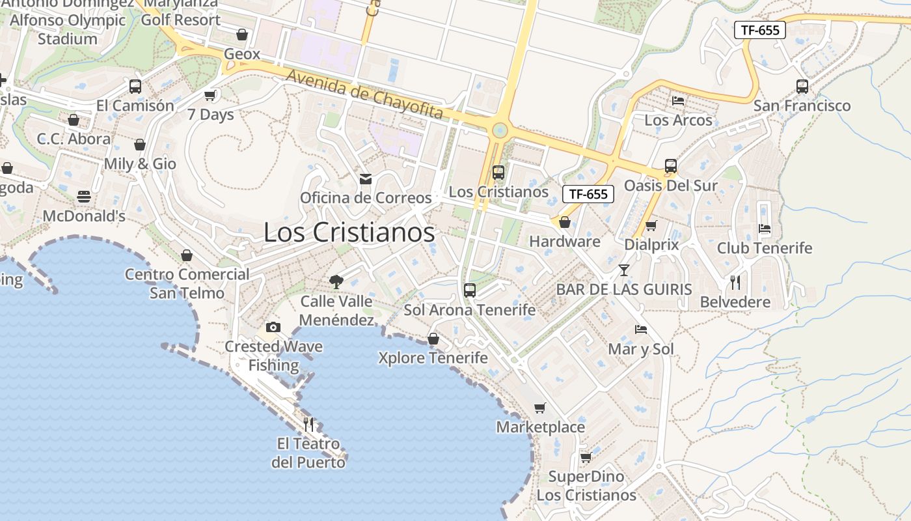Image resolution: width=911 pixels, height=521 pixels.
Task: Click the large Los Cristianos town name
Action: [x=349, y=232]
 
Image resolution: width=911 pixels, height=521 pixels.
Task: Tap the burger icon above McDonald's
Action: [x=84, y=196]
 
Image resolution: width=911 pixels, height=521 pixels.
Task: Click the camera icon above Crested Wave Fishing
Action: [x=273, y=327]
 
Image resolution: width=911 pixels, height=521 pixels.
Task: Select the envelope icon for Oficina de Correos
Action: [x=366, y=178]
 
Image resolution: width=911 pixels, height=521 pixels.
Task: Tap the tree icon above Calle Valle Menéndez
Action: [x=336, y=281]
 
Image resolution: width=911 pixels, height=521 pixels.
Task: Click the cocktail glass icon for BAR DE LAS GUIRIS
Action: [x=624, y=269]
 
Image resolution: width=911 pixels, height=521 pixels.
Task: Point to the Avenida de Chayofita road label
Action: [x=364, y=94]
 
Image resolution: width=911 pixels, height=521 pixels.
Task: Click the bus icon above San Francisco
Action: [x=802, y=86]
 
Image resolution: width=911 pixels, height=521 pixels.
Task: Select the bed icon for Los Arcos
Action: [x=678, y=101]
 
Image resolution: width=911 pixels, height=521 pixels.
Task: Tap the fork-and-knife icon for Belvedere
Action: [x=735, y=282]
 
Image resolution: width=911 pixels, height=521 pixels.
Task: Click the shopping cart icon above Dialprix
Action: [x=651, y=225]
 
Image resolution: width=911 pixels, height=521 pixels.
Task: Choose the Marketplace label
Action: [x=541, y=427]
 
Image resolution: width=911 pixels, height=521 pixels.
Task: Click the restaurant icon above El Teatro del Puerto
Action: [x=308, y=425]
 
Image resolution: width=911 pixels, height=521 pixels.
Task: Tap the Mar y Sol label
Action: [x=641, y=349]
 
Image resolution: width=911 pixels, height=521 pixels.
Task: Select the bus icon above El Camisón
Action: [x=135, y=86]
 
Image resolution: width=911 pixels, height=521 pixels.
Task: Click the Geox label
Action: [x=242, y=54]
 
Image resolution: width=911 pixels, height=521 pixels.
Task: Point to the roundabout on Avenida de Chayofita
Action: [x=500, y=130]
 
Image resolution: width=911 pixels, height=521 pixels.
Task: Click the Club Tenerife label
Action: [x=765, y=248]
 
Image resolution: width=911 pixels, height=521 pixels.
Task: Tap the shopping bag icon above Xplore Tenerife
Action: [x=433, y=339]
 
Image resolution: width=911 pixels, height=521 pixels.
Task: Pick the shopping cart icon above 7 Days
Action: [x=210, y=96]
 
